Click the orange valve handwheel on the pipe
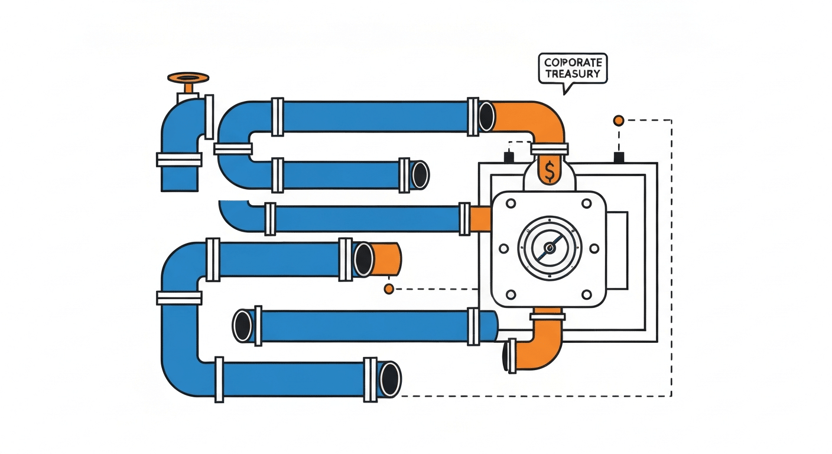coord(188,78)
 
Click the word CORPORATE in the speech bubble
coord(573,63)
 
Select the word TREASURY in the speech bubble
coord(573,74)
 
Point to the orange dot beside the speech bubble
coord(619,121)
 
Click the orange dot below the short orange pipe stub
coord(388,288)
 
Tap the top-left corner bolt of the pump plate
coord(504,204)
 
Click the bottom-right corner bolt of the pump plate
coord(587,294)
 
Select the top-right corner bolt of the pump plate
coord(587,204)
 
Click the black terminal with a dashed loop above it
coord(508,157)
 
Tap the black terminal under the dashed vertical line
coord(619,157)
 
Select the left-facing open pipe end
coord(242,326)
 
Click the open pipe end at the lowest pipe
coord(390,378)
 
